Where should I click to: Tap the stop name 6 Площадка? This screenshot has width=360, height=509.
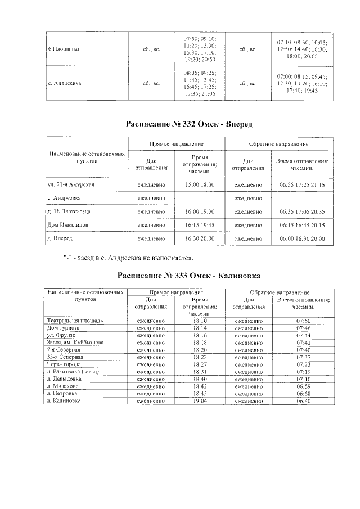coord(63,49)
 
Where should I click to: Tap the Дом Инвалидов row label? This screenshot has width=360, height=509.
coord(67,225)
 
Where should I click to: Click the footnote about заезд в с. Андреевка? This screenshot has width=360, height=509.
coord(129,258)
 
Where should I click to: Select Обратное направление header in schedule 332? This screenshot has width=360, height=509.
coord(279,144)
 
